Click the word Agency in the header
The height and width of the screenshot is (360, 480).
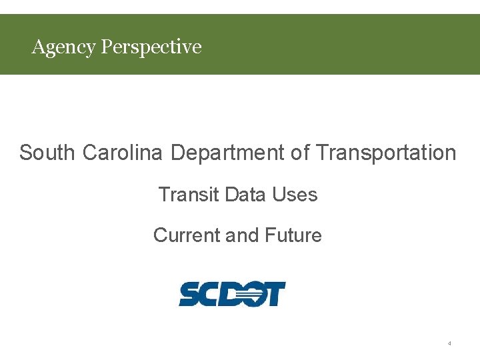(x=63, y=47)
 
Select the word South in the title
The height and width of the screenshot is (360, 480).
(x=47, y=153)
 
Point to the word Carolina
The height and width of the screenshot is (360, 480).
(x=123, y=153)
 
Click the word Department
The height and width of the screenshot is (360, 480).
(x=228, y=153)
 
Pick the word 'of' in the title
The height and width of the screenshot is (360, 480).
(x=300, y=153)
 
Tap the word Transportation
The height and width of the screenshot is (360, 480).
(x=386, y=153)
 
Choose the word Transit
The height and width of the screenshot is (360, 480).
(x=189, y=195)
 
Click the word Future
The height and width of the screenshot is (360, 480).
(x=293, y=235)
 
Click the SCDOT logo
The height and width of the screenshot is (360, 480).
(x=232, y=294)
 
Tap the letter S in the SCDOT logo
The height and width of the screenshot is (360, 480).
(x=190, y=294)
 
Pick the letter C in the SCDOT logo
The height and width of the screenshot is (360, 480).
(x=211, y=294)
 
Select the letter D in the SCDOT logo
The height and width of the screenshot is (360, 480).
(x=233, y=294)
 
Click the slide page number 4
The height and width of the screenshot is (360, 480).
(x=449, y=343)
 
